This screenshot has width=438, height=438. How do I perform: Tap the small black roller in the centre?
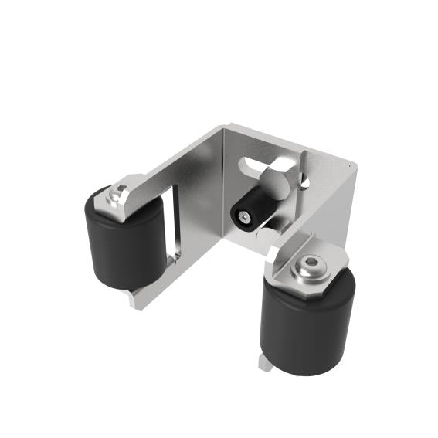coord(246,212)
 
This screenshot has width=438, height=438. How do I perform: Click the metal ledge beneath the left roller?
coord(139,297)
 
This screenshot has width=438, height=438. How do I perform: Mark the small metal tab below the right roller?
coord(265,362)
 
